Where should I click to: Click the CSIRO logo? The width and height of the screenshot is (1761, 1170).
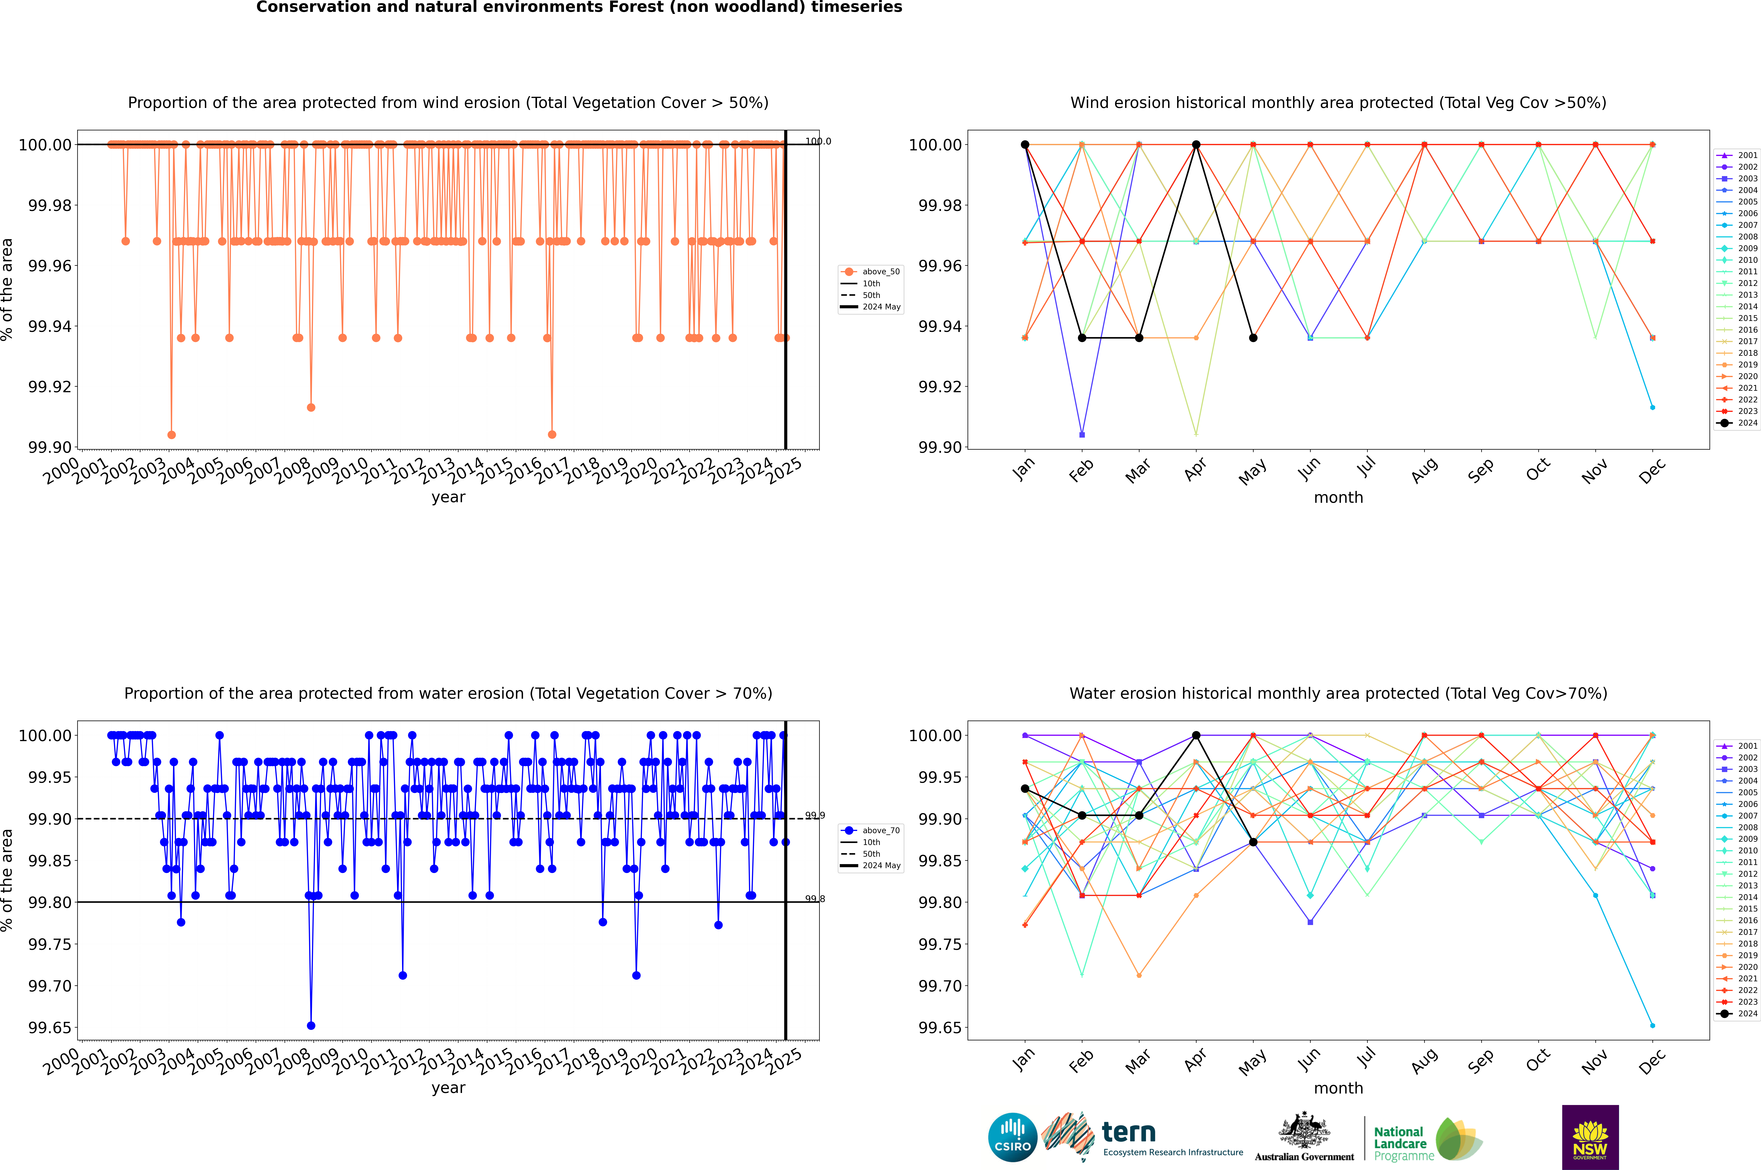coord(1012,1137)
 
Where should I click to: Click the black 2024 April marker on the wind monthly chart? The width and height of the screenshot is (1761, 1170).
coord(1196,145)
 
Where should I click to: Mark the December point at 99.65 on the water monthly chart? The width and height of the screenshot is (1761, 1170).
coord(1652,1026)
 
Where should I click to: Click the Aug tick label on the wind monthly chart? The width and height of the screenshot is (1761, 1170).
coord(1424,470)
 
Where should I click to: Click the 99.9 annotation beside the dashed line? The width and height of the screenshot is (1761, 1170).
coord(814,816)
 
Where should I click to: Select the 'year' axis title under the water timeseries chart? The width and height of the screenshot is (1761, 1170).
coord(448,1088)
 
